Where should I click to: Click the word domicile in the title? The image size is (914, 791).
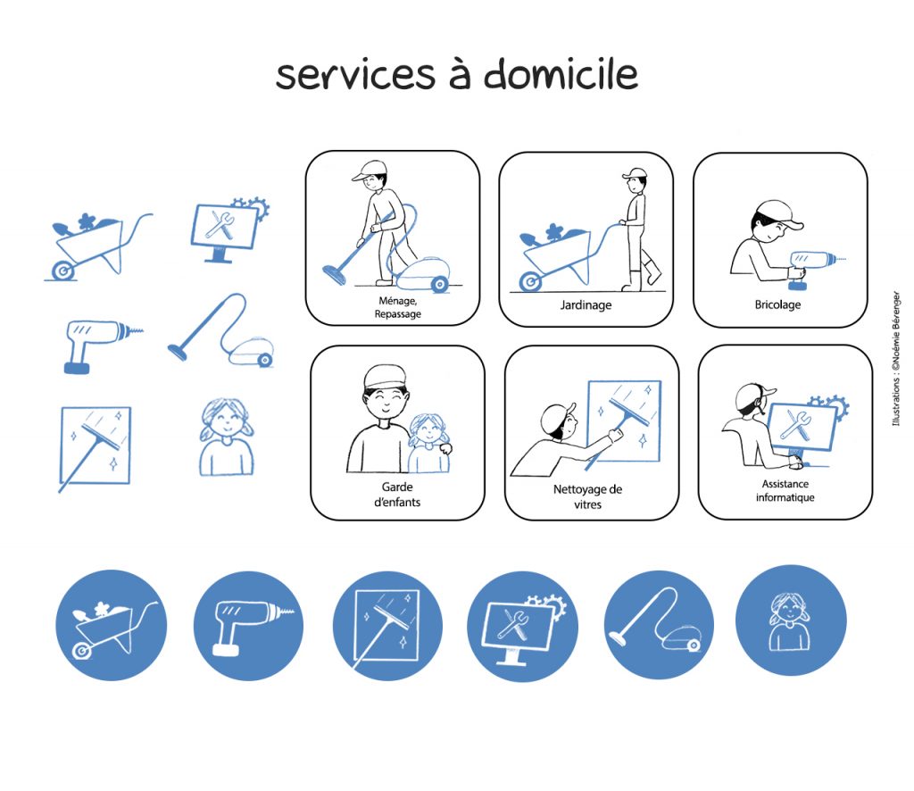click(x=561, y=74)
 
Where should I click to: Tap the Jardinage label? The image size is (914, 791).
click(x=586, y=304)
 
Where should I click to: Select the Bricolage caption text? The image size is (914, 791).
click(x=777, y=304)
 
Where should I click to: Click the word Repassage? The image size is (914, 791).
click(x=397, y=314)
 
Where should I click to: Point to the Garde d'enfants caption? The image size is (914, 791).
click(x=397, y=495)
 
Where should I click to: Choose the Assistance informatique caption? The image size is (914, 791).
click(x=785, y=490)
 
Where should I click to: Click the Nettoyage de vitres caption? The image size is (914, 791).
click(x=587, y=496)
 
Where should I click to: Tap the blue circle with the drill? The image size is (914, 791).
click(x=248, y=626)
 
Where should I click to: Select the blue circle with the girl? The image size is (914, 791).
click(x=791, y=620)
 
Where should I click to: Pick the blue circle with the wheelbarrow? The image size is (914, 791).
click(x=112, y=625)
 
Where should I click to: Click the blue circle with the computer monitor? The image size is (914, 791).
click(x=522, y=626)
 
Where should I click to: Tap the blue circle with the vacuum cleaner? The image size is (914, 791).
click(x=659, y=624)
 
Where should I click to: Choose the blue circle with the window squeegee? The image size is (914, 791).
click(x=387, y=626)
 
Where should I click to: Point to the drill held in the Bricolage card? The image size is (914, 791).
click(x=813, y=266)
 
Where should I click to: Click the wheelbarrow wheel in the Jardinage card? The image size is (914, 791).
click(x=530, y=282)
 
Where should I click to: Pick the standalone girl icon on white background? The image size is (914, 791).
click(x=226, y=437)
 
